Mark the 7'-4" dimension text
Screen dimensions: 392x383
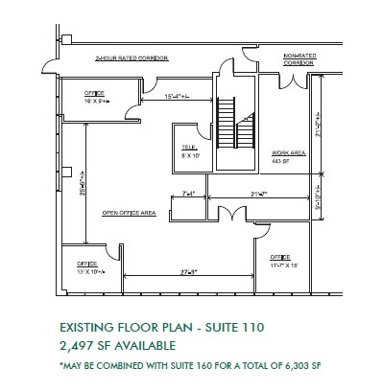188,195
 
